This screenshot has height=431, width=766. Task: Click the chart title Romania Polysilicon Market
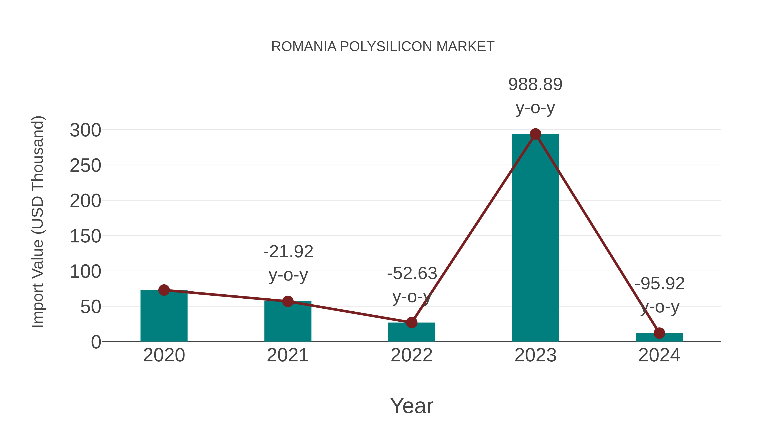tap(383, 47)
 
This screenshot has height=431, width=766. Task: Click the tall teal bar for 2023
tap(535, 238)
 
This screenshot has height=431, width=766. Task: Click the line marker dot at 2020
tap(164, 290)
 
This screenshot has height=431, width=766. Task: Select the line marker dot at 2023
tap(535, 134)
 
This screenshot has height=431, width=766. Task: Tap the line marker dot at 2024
tap(659, 333)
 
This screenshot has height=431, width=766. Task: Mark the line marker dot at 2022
tap(412, 322)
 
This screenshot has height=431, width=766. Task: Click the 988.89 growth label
tap(535, 84)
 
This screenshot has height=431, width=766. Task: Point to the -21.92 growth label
tap(288, 252)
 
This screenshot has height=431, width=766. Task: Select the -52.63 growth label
tap(412, 274)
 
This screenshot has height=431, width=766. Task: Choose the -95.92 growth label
tap(660, 284)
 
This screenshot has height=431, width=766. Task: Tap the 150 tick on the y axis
tap(85, 236)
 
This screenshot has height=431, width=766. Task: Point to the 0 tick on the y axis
tap(96, 342)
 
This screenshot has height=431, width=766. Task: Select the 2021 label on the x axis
tap(287, 355)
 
